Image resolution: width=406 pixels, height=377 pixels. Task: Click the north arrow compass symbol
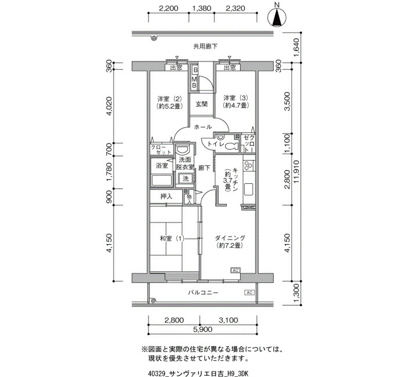coord(277,17)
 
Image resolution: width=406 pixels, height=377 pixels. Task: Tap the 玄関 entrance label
coord(201,104)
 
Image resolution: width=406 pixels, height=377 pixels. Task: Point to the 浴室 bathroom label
coord(162,165)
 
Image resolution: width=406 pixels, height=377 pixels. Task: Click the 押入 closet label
coord(166,197)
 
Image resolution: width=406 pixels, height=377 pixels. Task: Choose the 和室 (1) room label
coord(172,238)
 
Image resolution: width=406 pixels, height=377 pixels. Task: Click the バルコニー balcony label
coord(203,292)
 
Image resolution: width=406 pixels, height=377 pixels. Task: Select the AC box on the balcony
coord(249,292)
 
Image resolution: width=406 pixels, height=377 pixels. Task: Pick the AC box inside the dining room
coord(235,271)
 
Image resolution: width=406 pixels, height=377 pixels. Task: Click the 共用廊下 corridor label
coord(205,46)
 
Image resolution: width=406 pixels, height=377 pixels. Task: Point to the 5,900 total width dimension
coord(203,329)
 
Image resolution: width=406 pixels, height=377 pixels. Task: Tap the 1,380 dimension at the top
coord(202,8)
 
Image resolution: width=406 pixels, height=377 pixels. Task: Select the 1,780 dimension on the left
coord(109,172)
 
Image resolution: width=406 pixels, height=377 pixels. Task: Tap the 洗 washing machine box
coord(186,179)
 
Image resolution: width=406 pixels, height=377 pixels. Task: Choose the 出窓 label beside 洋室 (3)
coord(230,68)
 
